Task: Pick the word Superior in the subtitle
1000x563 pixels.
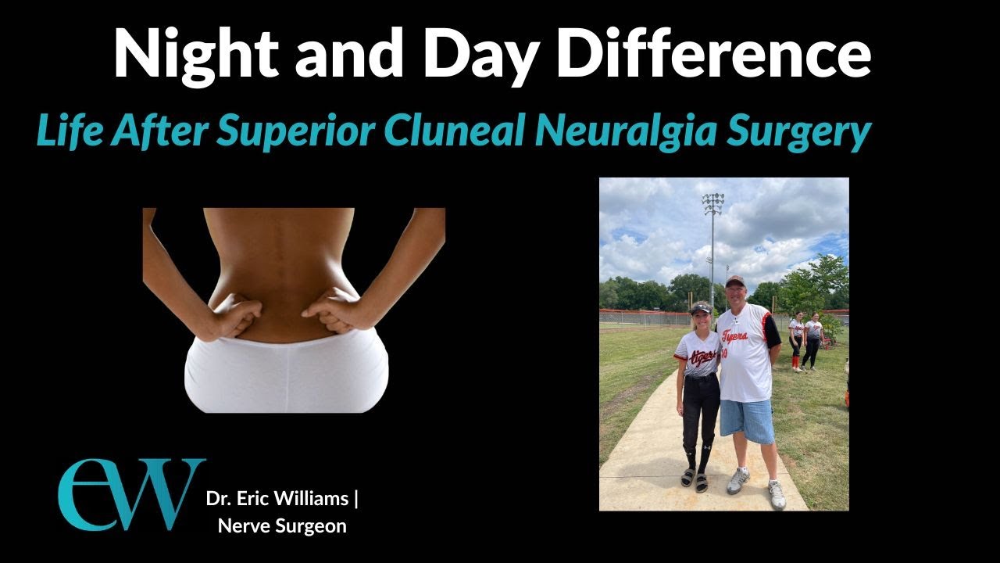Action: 298,132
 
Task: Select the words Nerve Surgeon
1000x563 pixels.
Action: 282,525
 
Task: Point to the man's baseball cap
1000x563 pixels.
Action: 735,281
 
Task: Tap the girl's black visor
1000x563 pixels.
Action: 701,307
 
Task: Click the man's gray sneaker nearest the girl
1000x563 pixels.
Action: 737,481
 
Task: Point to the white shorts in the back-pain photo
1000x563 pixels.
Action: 286,375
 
